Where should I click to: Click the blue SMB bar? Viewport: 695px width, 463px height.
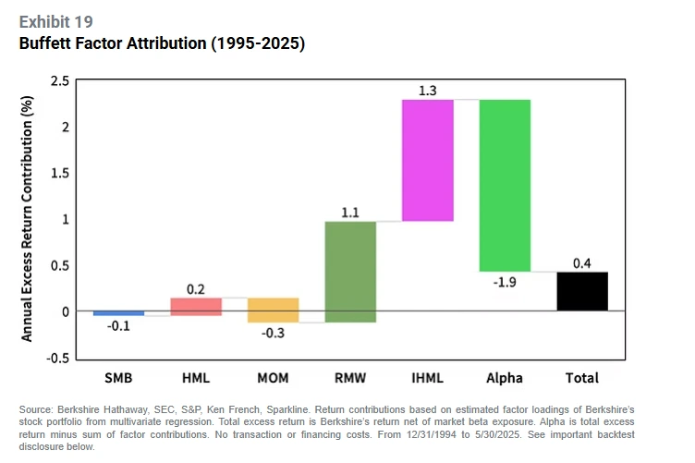[118, 313]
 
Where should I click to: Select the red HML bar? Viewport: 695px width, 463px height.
[196, 307]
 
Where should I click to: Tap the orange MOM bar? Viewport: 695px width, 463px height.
[273, 311]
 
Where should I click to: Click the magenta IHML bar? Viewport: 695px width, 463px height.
[427, 160]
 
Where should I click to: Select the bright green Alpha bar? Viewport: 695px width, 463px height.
[505, 185]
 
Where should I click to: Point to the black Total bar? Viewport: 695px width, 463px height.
[581, 291]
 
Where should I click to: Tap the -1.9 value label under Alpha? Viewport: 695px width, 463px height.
[505, 281]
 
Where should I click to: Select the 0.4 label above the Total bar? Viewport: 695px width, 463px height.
[582, 263]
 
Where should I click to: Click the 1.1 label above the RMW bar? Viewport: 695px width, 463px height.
[350, 212]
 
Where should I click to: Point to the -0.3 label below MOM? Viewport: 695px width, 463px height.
[273, 333]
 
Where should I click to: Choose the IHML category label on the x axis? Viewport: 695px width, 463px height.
[427, 378]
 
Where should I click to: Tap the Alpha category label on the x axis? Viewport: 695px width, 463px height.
[505, 378]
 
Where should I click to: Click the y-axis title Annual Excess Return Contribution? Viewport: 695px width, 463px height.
[27, 220]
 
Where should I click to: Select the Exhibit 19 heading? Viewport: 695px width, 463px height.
[55, 21]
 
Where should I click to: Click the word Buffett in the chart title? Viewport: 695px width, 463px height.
[46, 43]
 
